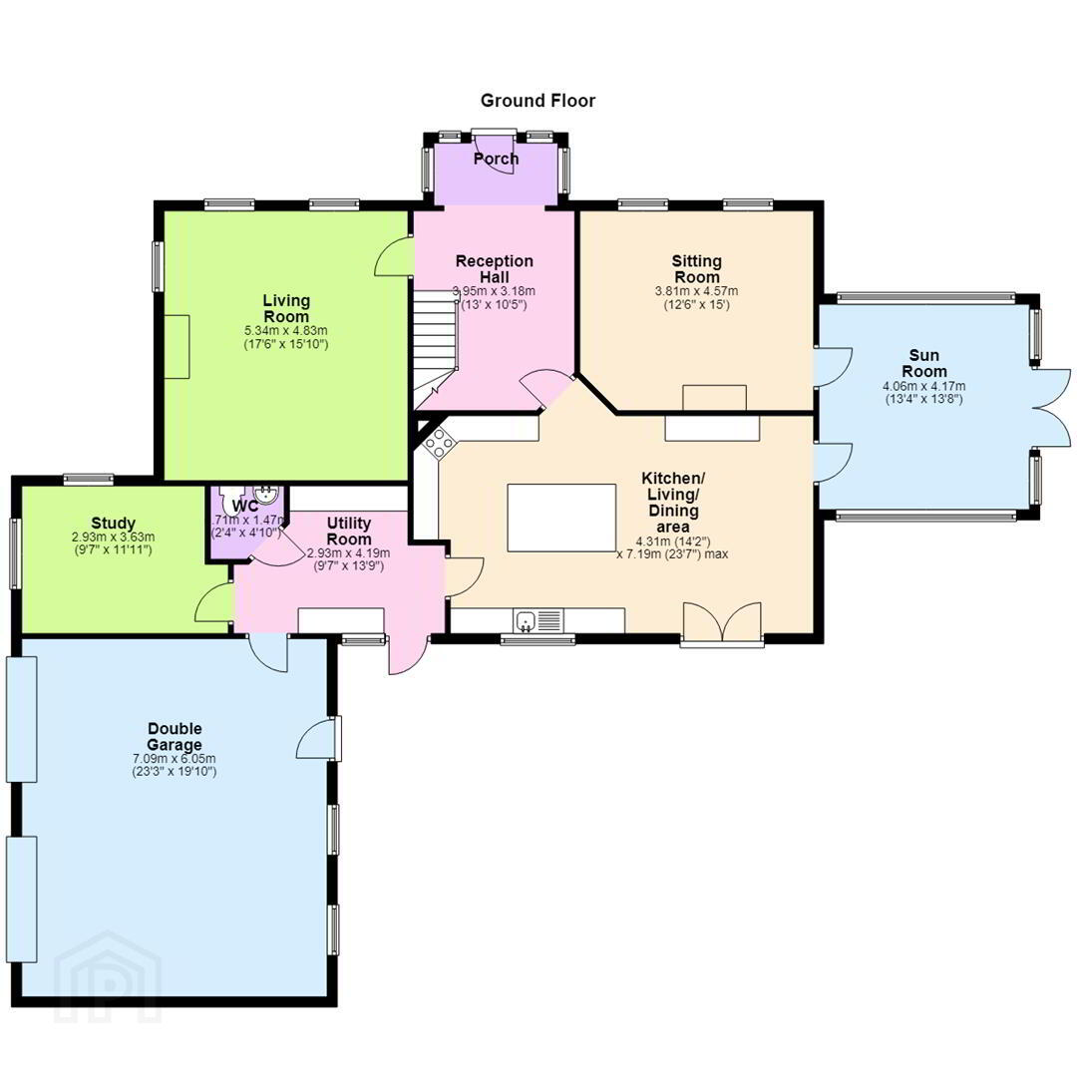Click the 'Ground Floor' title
click(538, 101)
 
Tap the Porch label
click(496, 159)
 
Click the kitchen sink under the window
click(527, 620)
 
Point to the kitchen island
click(561, 518)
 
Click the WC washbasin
click(265, 494)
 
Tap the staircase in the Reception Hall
click(436, 348)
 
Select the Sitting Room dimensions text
click(696, 298)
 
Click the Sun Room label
click(923, 363)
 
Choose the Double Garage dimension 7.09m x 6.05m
click(175, 759)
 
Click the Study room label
click(114, 524)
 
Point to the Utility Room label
click(349, 532)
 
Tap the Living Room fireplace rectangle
click(178, 347)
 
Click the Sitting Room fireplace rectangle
click(714, 398)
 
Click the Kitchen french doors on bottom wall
click(722, 623)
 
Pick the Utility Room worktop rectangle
click(341, 620)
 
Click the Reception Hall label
click(495, 269)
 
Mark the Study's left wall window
click(15, 553)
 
